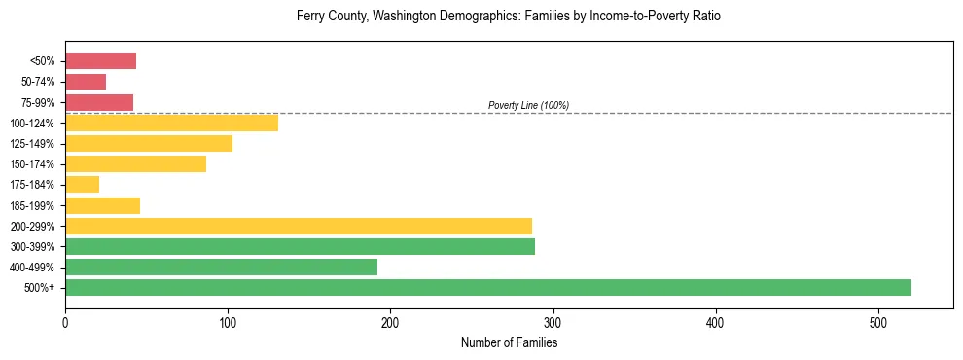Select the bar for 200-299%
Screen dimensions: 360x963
pyautogui.click(x=299, y=226)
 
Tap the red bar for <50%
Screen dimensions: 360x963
pyautogui.click(x=100, y=61)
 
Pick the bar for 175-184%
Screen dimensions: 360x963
pyautogui.click(x=82, y=185)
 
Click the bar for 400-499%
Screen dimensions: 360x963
pyautogui.click(x=221, y=268)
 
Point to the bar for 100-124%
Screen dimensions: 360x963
pyautogui.click(x=171, y=123)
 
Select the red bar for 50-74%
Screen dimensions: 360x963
pyautogui.click(x=86, y=82)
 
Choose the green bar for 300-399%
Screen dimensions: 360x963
pyautogui.click(x=300, y=247)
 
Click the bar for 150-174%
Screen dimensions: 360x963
pyautogui.click(x=135, y=164)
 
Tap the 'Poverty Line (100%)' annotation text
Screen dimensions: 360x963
pyautogui.click(x=528, y=105)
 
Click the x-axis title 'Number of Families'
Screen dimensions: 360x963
pyautogui.click(x=509, y=343)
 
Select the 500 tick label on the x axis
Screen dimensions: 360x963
pyautogui.click(x=878, y=324)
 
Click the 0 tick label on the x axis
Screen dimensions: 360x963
pyautogui.click(x=65, y=324)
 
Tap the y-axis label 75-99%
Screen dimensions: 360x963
pyautogui.click(x=37, y=103)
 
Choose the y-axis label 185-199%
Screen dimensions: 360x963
pyautogui.click(x=33, y=206)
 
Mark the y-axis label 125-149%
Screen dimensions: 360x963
pyautogui.click(x=33, y=144)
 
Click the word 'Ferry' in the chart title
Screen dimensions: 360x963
pyautogui.click(x=310, y=17)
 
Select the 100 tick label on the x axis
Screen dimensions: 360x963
pyautogui.click(x=228, y=324)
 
